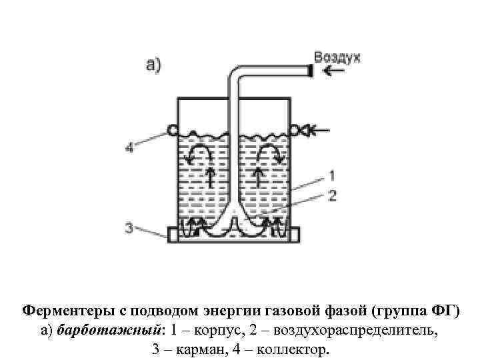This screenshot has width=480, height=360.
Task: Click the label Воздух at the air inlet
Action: point(337,57)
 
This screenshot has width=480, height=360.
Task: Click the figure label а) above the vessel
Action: point(153,65)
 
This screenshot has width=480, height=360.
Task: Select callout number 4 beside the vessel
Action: point(129,148)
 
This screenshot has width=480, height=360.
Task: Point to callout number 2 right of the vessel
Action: point(331,195)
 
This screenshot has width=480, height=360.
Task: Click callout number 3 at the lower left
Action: point(129,228)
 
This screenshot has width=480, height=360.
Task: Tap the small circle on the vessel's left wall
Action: point(173,129)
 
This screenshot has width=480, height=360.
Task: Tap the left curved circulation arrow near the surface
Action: point(199,154)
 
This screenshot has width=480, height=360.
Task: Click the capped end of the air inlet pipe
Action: point(309,71)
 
